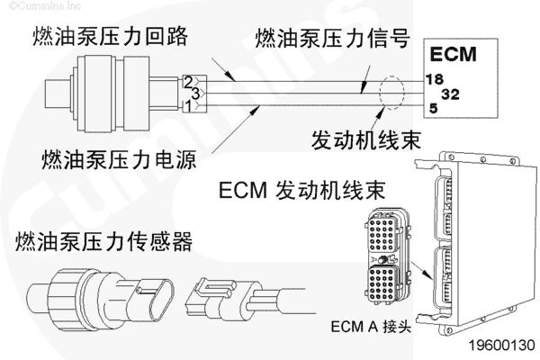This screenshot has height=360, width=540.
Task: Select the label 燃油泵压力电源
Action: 117,161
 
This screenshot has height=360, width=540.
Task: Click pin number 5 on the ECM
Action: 433,108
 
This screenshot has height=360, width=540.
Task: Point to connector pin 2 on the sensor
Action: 187,82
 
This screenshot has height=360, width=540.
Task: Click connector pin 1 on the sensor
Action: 187,105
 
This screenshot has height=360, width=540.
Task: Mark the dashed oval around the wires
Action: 393,93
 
